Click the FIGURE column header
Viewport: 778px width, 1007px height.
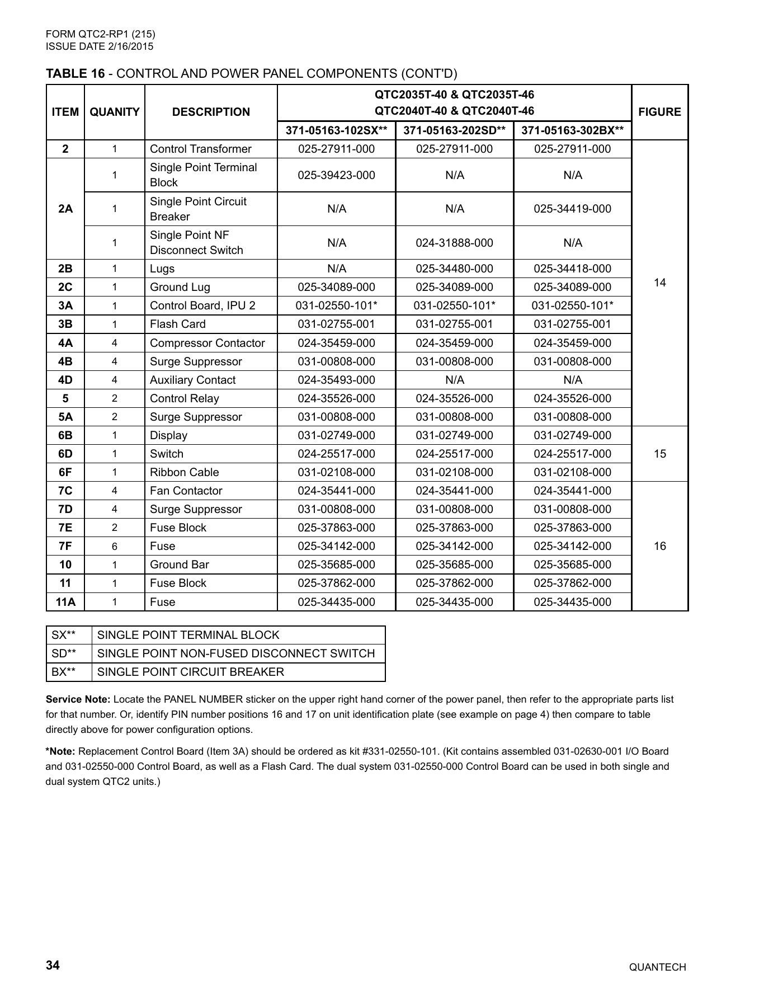[x=659, y=112]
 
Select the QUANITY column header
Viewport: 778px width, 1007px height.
[x=114, y=112]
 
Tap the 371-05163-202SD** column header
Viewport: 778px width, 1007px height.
[x=454, y=130]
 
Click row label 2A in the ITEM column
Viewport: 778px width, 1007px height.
[x=65, y=209]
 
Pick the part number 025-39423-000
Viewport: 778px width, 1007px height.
[x=336, y=175]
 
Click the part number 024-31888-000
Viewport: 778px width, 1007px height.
[x=454, y=243]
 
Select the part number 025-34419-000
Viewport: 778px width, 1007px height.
[x=572, y=209]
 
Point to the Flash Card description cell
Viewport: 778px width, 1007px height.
[x=177, y=324]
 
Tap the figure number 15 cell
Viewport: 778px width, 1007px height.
[x=659, y=454]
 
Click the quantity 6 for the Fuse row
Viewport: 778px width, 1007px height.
[x=114, y=546]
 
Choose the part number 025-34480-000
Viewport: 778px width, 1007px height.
[x=454, y=269]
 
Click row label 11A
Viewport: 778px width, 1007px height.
[x=65, y=602]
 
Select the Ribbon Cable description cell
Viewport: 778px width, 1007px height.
[x=184, y=472]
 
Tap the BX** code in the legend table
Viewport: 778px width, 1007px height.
[x=63, y=672]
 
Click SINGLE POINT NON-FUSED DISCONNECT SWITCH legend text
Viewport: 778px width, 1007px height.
[x=235, y=653]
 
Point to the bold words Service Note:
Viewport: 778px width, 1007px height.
[x=78, y=699]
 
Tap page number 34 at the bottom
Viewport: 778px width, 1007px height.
[x=53, y=966]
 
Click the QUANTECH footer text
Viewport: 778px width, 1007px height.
[x=657, y=967]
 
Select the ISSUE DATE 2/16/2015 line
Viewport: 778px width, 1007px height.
[x=99, y=46]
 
